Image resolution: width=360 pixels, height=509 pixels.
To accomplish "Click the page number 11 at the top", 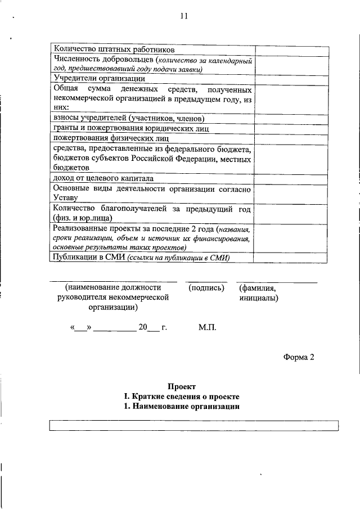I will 184,16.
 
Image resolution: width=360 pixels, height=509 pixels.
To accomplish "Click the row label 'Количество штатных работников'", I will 110,49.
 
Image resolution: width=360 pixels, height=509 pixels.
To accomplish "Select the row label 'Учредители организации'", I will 95,79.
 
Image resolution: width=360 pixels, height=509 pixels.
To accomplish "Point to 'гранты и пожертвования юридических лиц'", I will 131,128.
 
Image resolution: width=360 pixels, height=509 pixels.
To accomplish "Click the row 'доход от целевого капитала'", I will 103,178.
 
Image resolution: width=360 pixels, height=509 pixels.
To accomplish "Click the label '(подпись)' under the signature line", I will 207,288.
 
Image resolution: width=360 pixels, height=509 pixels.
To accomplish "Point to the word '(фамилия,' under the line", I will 257,288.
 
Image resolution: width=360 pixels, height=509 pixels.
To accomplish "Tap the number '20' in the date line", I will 143,327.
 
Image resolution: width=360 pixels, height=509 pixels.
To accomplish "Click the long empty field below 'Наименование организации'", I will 194,425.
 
